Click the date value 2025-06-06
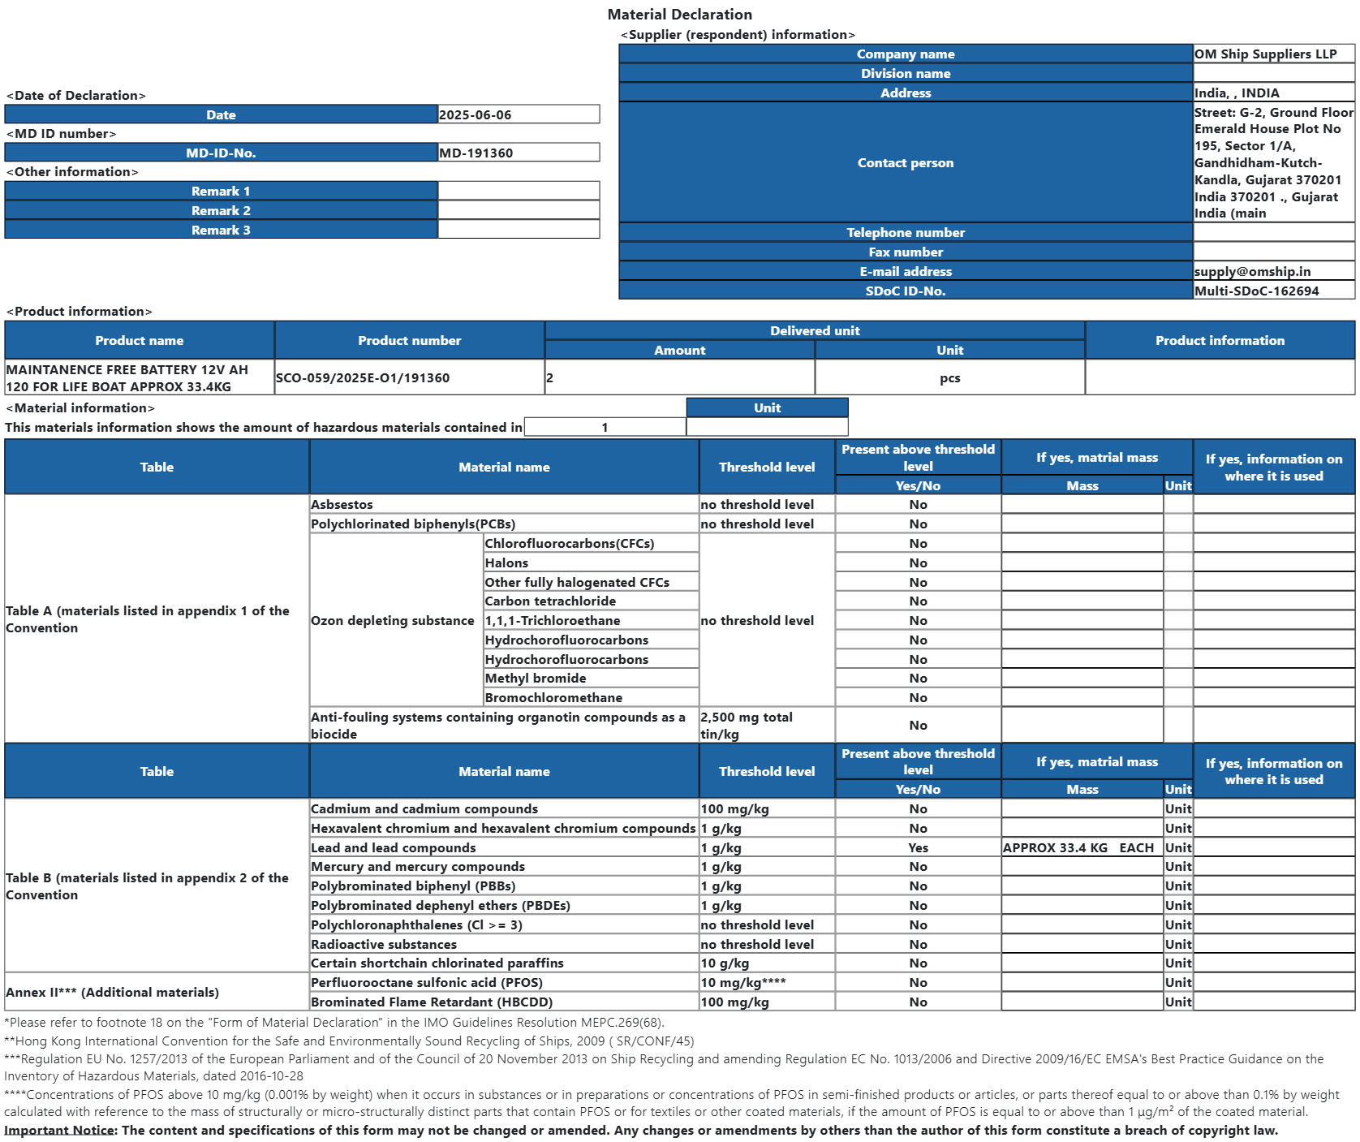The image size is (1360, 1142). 476,115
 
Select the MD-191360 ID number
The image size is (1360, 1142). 476,153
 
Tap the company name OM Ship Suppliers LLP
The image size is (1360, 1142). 1265,54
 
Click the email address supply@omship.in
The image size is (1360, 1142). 1252,272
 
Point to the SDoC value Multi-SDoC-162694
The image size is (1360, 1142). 1256,291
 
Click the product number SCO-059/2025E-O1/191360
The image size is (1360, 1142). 363,378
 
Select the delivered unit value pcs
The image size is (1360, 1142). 949,378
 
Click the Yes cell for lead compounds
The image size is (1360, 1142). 918,848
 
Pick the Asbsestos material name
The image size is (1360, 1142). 342,505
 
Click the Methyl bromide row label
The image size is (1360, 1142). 536,679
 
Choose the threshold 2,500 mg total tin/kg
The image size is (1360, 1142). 747,726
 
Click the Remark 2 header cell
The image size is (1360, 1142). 221,211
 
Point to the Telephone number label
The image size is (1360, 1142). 906,233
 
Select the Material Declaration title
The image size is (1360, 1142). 679,15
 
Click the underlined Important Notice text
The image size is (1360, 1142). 59,1131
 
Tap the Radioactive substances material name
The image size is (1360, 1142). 384,945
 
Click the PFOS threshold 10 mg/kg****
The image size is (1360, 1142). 742,983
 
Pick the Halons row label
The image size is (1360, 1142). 506,563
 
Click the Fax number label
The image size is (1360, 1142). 906,252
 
